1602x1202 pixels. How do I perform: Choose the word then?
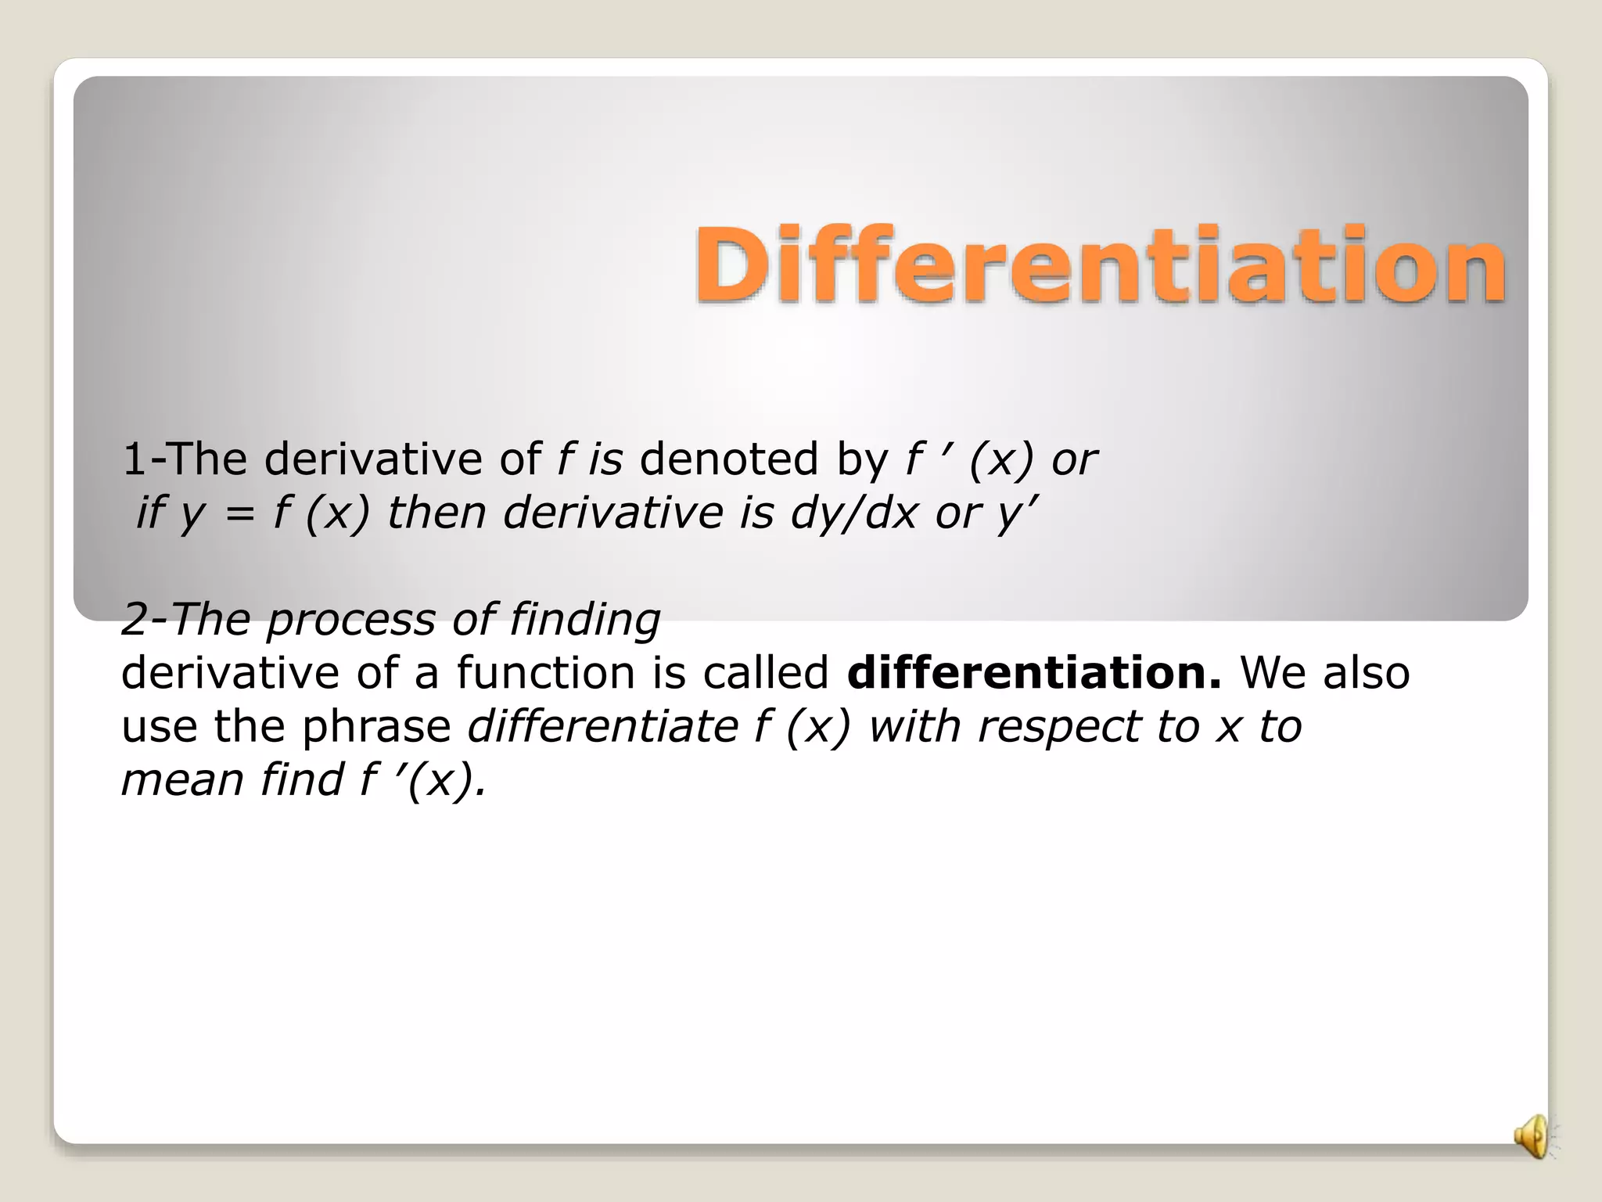click(436, 513)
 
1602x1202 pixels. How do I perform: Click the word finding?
click(585, 620)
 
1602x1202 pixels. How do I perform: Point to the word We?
click(1273, 673)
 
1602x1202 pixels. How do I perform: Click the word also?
click(1367, 673)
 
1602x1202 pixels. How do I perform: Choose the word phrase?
click(376, 726)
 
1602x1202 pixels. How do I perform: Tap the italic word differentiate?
click(603, 726)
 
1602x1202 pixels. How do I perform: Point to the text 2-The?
click(185, 620)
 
